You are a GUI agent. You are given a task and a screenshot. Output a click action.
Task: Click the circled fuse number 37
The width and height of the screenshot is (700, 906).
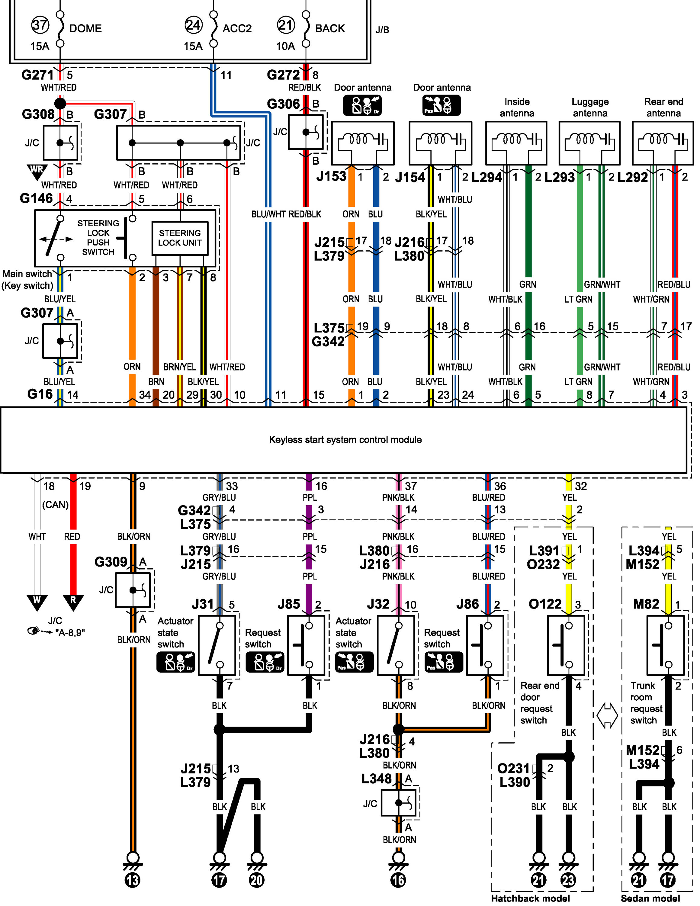click(40, 25)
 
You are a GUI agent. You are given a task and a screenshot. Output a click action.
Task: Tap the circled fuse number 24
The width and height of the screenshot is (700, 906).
click(194, 25)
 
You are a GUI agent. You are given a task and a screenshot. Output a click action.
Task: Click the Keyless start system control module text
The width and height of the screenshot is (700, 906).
click(345, 439)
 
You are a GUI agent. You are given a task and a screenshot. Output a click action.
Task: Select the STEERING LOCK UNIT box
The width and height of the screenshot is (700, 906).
click(180, 238)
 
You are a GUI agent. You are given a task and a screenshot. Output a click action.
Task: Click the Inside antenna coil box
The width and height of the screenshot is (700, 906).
click(516, 143)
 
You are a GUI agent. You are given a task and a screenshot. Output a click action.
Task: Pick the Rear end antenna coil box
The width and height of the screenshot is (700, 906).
click(663, 143)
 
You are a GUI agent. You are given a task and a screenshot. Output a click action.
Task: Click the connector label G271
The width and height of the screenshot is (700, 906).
click(38, 75)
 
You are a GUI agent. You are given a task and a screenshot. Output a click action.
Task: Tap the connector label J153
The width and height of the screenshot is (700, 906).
click(331, 176)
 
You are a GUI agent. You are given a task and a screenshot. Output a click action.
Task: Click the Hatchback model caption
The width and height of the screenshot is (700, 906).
click(530, 898)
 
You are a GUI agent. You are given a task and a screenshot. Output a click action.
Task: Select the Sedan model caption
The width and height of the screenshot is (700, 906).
click(650, 898)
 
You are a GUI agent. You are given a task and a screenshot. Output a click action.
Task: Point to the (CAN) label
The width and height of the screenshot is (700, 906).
click(55, 504)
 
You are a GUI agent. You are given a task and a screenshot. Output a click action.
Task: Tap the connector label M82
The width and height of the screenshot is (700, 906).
click(646, 604)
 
